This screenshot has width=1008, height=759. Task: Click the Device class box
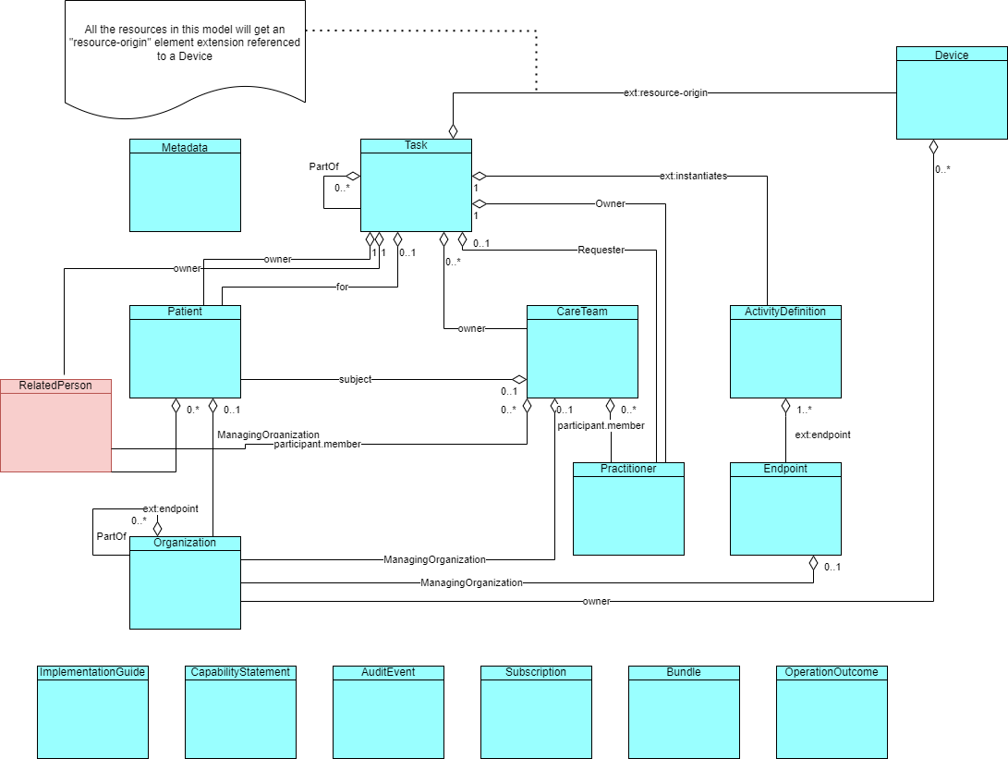pos(952,93)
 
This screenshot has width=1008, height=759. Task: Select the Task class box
pos(416,185)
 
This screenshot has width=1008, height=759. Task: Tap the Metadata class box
pos(185,185)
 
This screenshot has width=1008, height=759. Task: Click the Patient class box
pos(185,351)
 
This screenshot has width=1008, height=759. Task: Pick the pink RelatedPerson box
pos(55,425)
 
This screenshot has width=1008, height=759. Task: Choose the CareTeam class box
pos(582,351)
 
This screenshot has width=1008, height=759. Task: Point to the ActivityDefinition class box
pos(785,351)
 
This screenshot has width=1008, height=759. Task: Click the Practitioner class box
pos(628,508)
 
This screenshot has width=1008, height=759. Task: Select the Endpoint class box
pos(785,508)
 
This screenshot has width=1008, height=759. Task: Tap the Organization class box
pos(185,582)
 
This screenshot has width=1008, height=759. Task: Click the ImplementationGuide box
pos(92,712)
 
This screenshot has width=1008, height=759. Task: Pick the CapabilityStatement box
pos(240,712)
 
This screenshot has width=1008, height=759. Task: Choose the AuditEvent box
pos(388,712)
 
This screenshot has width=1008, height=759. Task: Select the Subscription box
pos(536,712)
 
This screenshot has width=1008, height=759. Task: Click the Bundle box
pos(684,712)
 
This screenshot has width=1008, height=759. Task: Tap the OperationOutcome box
pos(832,712)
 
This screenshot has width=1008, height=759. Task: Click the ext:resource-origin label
pos(665,93)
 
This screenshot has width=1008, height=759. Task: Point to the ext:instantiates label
pos(693,177)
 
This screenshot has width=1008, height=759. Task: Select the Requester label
pos(601,251)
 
